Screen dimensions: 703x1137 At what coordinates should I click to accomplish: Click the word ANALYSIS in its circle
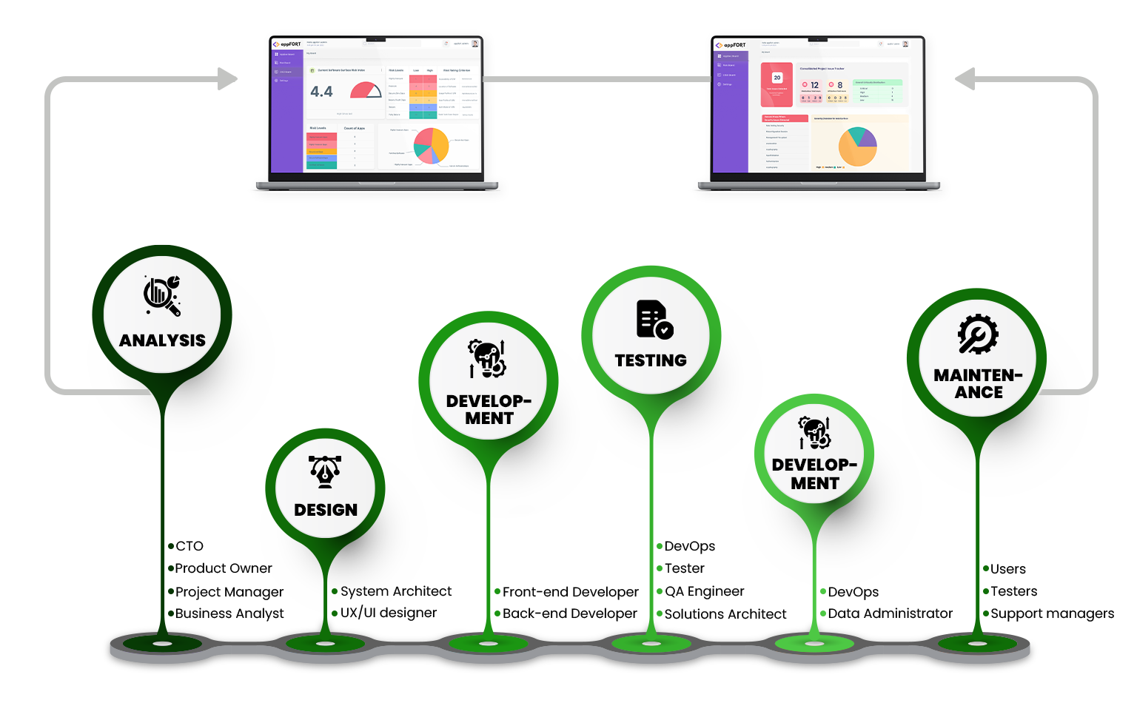click(x=162, y=340)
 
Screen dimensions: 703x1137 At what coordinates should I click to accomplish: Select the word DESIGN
click(x=326, y=510)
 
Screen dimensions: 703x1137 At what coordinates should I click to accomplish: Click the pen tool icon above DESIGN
click(x=325, y=472)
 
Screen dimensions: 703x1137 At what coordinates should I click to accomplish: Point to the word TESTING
click(x=651, y=360)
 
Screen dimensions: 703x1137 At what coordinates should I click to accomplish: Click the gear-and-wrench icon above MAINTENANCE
click(x=978, y=334)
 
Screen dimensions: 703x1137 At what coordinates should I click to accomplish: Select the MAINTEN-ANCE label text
click(x=978, y=383)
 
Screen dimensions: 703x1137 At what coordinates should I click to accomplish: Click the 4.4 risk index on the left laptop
click(x=321, y=92)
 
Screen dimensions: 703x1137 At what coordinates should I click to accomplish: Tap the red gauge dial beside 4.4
click(x=366, y=90)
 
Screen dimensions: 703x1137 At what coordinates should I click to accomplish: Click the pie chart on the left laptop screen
click(x=431, y=145)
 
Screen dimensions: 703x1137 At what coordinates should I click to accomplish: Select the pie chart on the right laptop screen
click(x=857, y=146)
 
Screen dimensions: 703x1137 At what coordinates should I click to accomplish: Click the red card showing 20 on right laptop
click(x=777, y=84)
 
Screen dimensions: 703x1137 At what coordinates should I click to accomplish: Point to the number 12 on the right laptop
click(x=814, y=85)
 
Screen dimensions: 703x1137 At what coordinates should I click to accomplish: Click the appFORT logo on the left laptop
click(x=286, y=44)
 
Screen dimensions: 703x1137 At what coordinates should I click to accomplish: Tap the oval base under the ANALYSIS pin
click(x=162, y=644)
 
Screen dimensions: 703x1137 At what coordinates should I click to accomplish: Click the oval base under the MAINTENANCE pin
click(x=978, y=644)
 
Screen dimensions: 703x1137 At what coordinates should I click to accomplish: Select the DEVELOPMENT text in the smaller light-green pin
click(x=814, y=474)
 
